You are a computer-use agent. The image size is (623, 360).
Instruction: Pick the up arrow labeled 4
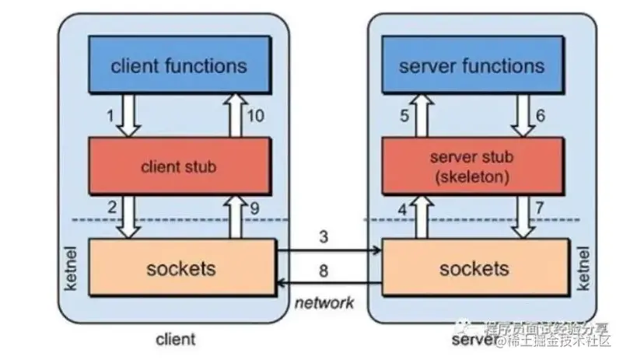(x=422, y=215)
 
